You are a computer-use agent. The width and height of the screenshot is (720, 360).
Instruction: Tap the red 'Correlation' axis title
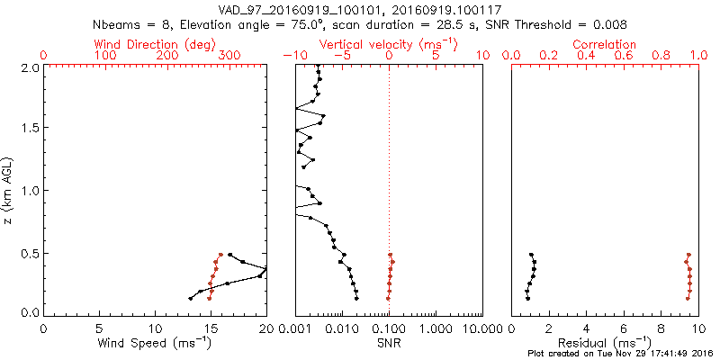pos(605,44)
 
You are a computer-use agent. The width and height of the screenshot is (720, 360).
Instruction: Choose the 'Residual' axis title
pos(605,343)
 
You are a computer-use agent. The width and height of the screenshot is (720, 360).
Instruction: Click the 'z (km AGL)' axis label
pos(8,190)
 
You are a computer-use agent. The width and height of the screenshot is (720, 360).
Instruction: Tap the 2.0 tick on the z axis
pos(30,67)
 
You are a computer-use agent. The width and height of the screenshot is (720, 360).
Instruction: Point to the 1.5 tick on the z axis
pos(30,129)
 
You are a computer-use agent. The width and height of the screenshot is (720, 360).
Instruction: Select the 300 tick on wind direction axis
pos(229,56)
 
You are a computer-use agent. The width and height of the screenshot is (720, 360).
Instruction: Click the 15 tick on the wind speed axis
pos(211,328)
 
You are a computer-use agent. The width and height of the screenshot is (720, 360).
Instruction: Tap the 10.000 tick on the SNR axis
pos(481,328)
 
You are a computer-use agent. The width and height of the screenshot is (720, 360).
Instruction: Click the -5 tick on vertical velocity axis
pos(342,56)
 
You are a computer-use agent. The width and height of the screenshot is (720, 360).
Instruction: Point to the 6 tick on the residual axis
pos(624,328)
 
